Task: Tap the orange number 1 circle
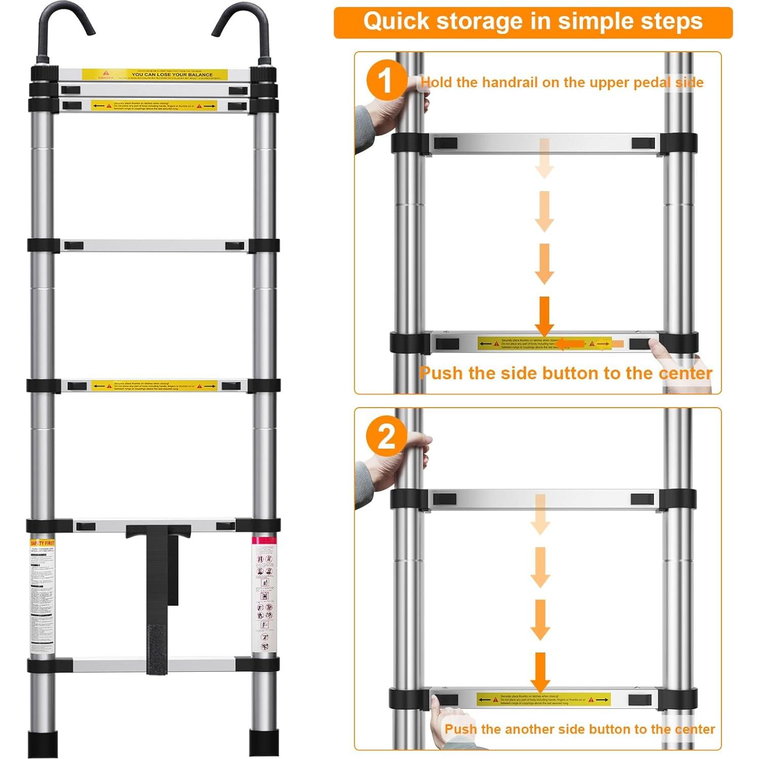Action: coord(386,81)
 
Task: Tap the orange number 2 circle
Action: coord(386,436)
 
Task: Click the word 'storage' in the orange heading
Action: coord(479,22)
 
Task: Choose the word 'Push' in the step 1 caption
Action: coord(441,374)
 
